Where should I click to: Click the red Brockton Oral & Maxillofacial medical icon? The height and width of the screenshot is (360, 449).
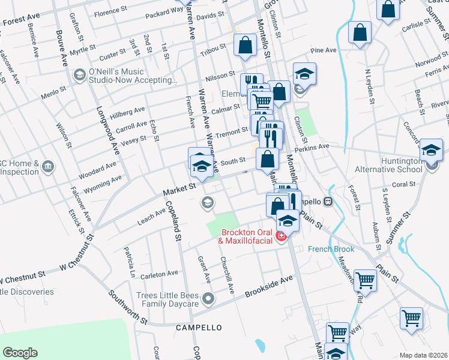pyautogui.click(x=280, y=238)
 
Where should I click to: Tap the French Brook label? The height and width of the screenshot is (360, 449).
pyautogui.click(x=331, y=249)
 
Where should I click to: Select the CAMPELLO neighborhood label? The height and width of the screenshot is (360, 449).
pyautogui.click(x=199, y=328)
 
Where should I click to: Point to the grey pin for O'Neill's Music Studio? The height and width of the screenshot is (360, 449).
pyautogui.click(x=79, y=75)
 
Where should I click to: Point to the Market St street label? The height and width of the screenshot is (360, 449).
pyautogui.click(x=180, y=190)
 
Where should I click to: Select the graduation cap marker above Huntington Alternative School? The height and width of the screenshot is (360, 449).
pyautogui.click(x=431, y=150)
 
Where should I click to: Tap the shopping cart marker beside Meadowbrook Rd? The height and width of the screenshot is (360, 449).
pyautogui.click(x=365, y=280)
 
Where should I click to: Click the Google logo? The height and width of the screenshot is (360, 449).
pyautogui.click(x=20, y=353)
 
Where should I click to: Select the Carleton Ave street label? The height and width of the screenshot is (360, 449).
pyautogui.click(x=159, y=274)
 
